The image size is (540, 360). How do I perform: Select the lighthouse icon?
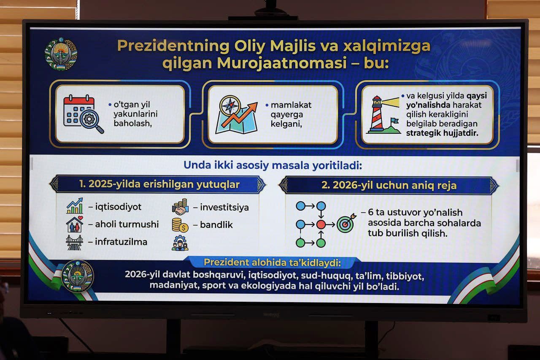coord(382,115)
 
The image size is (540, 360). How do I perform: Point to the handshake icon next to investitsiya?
coord(180,207)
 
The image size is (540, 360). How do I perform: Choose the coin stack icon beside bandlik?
coord(180,225)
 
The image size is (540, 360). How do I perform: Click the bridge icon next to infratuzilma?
coord(75,242)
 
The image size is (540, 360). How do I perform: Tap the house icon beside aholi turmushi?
coord(75,225)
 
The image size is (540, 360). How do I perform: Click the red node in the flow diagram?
coord(321,224)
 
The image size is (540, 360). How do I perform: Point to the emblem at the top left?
coord(61,54)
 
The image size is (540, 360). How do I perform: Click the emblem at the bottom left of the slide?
coord(78,276)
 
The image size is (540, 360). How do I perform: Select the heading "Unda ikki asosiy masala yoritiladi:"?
coord(273,165)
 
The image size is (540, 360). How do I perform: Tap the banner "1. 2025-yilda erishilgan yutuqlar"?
coord(159,184)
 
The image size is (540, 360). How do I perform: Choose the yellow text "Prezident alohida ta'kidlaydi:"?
coord(272,262)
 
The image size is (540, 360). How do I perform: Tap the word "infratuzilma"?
coord(121,242)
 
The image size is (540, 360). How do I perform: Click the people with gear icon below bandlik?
coord(180,243)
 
